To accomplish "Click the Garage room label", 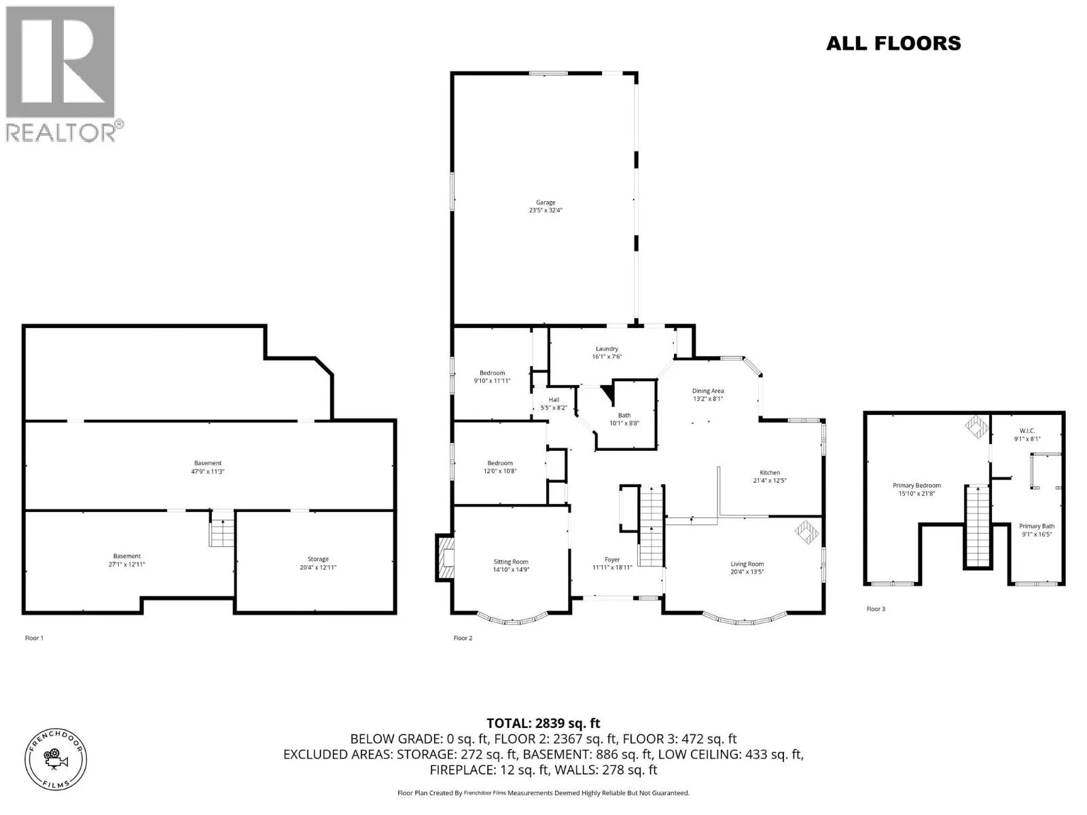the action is [546, 202].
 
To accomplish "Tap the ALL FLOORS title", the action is [893, 43].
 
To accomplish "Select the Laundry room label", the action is [607, 348].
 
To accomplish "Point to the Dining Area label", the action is [708, 391].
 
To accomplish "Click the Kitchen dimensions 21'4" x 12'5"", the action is [770, 480].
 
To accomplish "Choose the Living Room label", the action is [747, 564].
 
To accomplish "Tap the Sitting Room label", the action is [511, 562].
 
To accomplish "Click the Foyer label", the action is [612, 560].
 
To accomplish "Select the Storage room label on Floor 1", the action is [318, 559].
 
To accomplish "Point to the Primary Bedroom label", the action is [916, 486].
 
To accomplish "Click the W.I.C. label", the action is [1027, 431].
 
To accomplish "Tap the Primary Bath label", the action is [1037, 526].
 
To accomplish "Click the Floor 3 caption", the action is [876, 609].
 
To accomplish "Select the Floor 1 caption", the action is [34, 638].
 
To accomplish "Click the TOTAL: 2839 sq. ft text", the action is [543, 723].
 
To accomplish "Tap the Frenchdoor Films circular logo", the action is [56, 759].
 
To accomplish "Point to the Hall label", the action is [554, 400].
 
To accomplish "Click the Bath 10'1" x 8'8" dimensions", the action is [624, 423].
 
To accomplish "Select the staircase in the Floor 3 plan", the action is [978, 526].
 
